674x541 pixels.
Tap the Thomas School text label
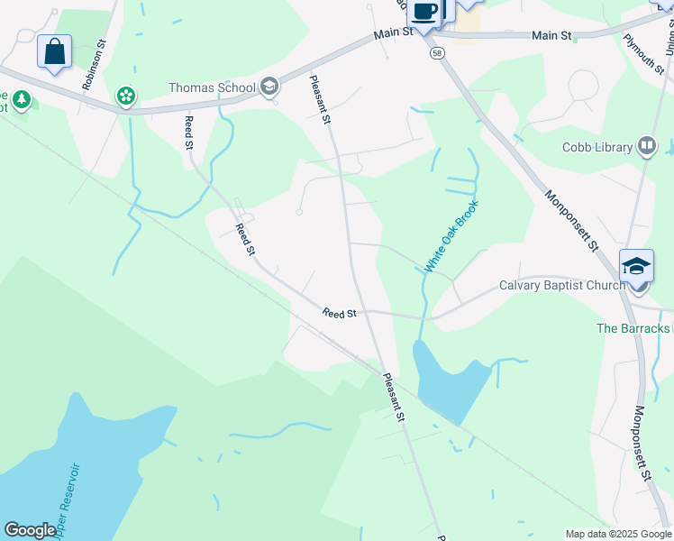pos(212,87)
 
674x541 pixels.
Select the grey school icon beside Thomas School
pos(269,87)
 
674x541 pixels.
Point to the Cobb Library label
pos(597,146)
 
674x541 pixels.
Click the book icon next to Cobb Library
pos(647,146)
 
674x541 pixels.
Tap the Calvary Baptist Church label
pos(562,286)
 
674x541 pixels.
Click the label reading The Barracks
pos(633,328)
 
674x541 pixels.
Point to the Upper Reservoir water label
pos(68,500)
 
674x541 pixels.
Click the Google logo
pos(30,530)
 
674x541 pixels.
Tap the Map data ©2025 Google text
pos(617,534)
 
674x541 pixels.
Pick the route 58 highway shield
pos(436,54)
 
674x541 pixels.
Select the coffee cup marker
pos(424,12)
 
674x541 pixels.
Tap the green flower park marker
pos(126,95)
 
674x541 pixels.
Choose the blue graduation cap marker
pos(636,265)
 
